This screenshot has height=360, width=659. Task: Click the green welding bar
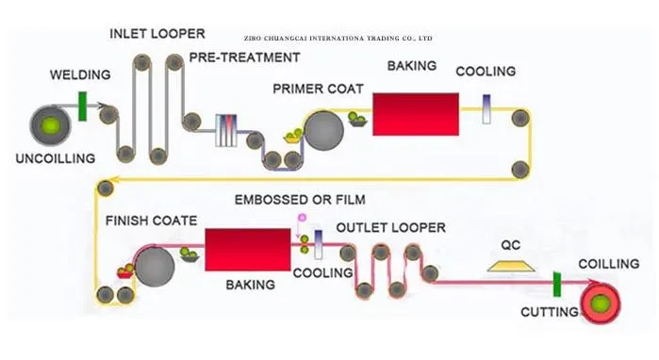click(x=82, y=106)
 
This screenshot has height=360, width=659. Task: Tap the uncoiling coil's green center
click(x=51, y=125)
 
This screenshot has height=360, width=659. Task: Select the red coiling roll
click(x=601, y=303)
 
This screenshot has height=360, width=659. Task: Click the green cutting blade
click(x=557, y=285)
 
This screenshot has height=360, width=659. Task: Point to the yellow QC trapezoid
click(x=511, y=266)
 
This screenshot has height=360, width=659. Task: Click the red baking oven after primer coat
click(x=416, y=114)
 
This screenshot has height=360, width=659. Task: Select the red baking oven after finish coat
click(x=248, y=250)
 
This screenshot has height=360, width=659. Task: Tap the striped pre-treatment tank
click(x=226, y=131)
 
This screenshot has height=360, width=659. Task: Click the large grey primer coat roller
click(x=324, y=130)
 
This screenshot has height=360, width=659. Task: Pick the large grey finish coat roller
click(x=155, y=267)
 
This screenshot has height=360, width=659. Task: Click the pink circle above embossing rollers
click(x=302, y=218)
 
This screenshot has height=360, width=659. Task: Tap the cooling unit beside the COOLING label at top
click(x=486, y=109)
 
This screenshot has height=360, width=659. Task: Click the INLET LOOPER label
click(x=157, y=34)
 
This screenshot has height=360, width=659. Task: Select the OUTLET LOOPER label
click(x=391, y=228)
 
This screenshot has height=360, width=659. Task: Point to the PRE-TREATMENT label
click(x=244, y=57)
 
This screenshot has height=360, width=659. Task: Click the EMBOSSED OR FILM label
click(x=300, y=200)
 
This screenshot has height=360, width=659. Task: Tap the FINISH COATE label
click(x=151, y=221)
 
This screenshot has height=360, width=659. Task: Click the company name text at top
click(x=338, y=39)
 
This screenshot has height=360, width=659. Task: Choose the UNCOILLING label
click(x=56, y=158)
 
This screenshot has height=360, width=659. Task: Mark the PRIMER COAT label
click(x=318, y=89)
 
